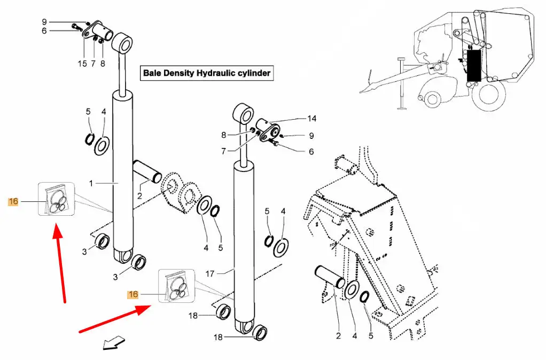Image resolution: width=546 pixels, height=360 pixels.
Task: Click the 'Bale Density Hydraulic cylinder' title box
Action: pos(207,73)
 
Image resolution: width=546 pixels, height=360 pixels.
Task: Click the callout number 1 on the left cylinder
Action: pos(91,183)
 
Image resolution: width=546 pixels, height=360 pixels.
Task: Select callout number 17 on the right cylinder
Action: pos(210,273)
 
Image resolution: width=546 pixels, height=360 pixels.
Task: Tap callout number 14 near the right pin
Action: pos(311,119)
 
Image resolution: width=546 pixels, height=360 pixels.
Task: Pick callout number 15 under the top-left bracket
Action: pos(82,64)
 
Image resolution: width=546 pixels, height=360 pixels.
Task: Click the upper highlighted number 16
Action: pos(13,201)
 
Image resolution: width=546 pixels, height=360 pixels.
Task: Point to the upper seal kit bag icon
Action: pos(57,199)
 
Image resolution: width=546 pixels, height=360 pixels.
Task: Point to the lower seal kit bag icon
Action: pos(177,286)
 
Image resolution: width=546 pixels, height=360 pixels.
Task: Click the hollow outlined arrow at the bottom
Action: pos(114,342)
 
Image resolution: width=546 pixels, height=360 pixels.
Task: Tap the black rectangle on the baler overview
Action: pos(474,66)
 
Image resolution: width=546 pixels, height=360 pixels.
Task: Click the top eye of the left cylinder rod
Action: pos(122,43)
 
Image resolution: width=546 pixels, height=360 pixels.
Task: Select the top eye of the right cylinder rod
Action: pos(243,113)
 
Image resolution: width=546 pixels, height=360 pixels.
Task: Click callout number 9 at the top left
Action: pos(44,22)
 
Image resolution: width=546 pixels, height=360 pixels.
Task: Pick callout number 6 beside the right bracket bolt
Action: pos(311,152)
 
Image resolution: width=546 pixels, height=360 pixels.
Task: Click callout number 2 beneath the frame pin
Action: pos(339,336)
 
